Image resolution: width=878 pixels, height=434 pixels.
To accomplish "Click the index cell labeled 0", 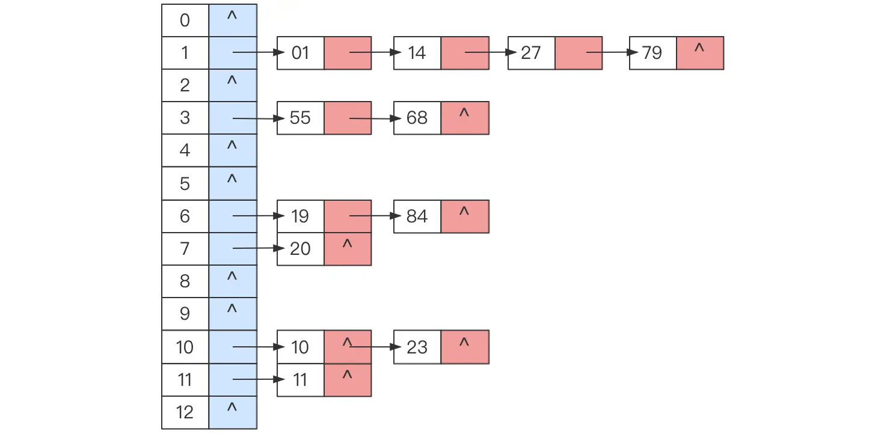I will point(185,20).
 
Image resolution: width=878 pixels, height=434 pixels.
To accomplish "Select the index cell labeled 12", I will point(185,412).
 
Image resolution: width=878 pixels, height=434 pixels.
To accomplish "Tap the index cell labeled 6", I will point(185,216).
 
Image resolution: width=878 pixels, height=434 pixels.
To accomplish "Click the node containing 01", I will point(301,53).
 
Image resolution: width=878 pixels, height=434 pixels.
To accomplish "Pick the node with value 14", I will point(417,53).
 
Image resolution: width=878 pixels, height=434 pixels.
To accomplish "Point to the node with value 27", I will point(532,53).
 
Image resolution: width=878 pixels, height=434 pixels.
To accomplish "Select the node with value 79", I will point(653,53).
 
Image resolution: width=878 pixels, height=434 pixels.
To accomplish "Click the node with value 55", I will point(301,118).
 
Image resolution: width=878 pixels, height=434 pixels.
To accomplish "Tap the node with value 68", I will point(417,118).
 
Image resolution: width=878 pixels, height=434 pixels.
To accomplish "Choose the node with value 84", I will point(417,216).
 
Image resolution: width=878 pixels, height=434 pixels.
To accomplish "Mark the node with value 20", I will point(301,249).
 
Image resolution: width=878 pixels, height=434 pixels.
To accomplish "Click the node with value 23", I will point(417,347).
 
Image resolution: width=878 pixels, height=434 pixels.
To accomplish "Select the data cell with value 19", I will point(301,216).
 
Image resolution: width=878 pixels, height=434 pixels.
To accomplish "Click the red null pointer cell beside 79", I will point(700,53).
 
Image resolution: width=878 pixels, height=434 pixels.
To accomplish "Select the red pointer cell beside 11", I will point(348,380).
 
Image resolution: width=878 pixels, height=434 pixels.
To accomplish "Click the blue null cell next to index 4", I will point(233,150).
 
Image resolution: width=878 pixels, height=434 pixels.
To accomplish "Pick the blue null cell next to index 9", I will point(233,314).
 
